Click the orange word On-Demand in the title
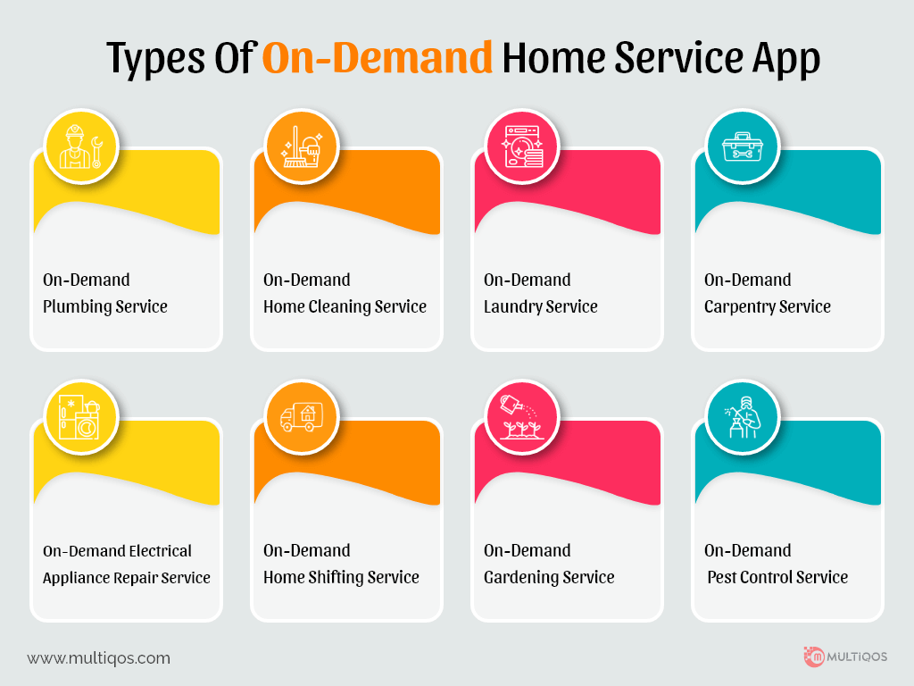point(378,58)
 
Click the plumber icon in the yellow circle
point(81,147)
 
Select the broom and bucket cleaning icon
point(302,147)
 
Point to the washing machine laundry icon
point(522,147)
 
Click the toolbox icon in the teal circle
point(742,147)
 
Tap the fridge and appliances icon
point(80,418)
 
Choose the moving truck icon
point(302,417)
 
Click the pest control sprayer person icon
point(743,418)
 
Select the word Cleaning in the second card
point(339,307)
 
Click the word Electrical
point(161,550)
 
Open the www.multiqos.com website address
point(98,658)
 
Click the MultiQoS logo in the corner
point(845,657)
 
